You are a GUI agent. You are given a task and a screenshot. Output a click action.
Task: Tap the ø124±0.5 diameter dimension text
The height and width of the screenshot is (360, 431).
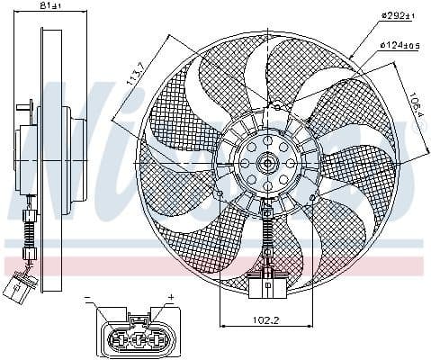(x=398, y=44)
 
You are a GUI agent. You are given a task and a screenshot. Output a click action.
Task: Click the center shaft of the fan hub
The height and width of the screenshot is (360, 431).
(x=267, y=164)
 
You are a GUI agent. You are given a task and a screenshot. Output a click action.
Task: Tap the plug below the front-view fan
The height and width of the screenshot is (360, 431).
(x=268, y=286)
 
